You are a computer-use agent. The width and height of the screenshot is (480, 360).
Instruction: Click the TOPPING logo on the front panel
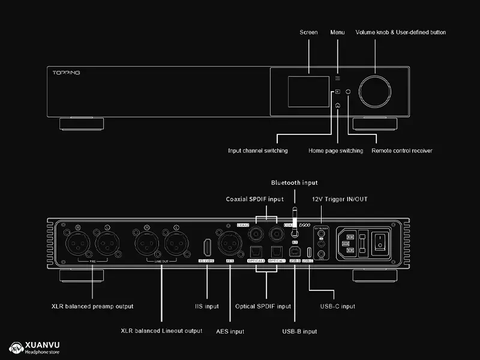coord(63,73)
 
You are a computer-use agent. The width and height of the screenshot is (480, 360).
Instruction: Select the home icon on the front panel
coord(338,105)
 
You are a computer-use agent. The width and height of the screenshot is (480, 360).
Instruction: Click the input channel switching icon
coord(338,92)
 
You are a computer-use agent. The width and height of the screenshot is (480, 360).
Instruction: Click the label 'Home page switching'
coord(335,151)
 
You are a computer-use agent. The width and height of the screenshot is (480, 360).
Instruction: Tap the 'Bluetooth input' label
coord(294,182)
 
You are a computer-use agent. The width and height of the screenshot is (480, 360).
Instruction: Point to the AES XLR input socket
coord(230,246)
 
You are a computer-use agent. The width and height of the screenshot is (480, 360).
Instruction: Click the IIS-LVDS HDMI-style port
coord(207,247)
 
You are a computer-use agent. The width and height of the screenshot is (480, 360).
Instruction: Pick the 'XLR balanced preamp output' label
coord(92,306)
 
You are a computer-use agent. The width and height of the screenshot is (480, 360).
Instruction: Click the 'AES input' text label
coord(230,331)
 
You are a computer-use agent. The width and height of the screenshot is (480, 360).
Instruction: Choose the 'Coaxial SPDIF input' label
coord(254,199)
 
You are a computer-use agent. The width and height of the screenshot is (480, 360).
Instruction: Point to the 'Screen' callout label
coord(308,32)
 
